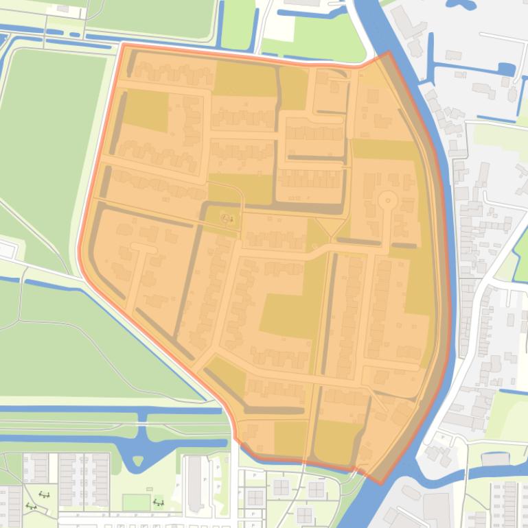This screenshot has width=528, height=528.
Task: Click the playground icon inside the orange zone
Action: tap(226, 218)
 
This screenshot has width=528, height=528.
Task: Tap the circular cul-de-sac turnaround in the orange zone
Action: tap(388, 201)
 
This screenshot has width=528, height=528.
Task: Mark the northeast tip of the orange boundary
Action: tap(388, 52)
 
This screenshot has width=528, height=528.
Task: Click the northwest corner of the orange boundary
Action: tap(123, 45)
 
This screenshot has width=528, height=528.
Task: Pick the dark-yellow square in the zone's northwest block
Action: tap(146, 110)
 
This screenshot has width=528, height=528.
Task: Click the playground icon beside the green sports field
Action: tap(159, 503)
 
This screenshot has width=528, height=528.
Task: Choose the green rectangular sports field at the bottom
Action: tap(135, 503)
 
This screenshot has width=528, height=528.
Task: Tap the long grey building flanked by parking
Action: tap(195, 483)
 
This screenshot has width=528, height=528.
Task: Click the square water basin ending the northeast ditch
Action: tap(506, 69)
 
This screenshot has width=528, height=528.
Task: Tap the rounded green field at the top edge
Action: tap(158, 17)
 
